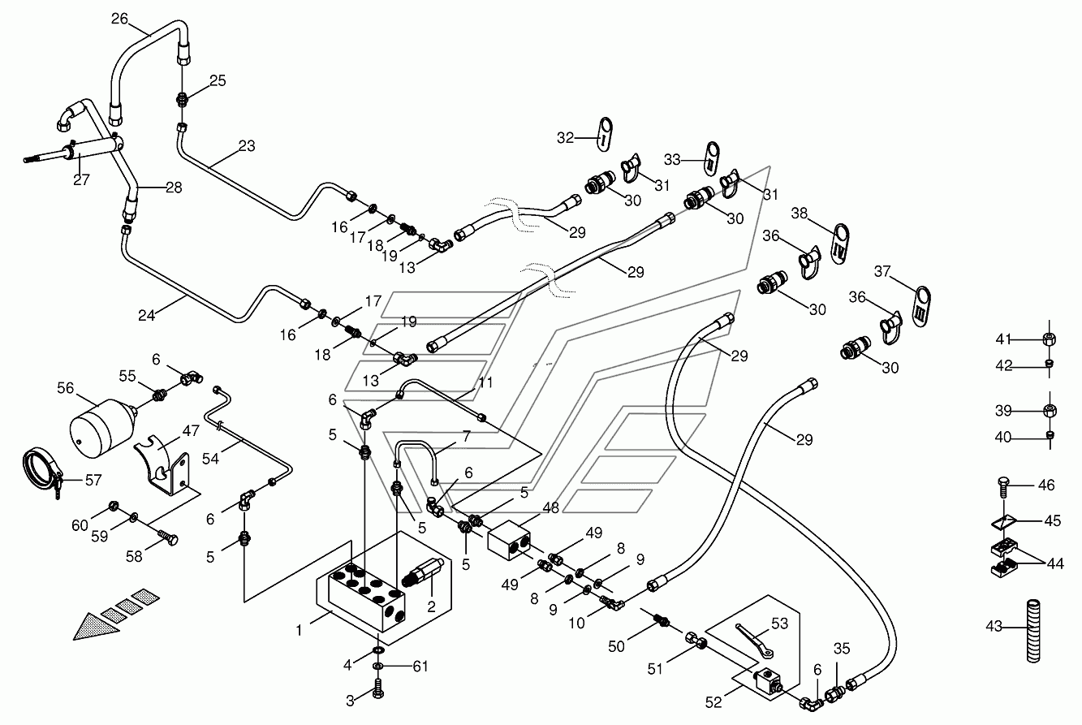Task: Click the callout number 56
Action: pos(65,388)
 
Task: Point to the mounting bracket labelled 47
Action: pos(162,464)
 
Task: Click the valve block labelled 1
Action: pos(367,597)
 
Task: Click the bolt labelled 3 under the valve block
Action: pos(378,688)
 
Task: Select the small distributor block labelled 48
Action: pos(509,540)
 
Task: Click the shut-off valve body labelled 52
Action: pos(768,683)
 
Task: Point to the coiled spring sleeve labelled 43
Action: pos(1032,631)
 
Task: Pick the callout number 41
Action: pos(1003,339)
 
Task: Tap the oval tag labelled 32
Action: pos(605,134)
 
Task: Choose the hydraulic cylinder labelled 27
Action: pos(72,150)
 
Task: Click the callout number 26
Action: pos(119,19)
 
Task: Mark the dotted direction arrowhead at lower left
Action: pos(95,627)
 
